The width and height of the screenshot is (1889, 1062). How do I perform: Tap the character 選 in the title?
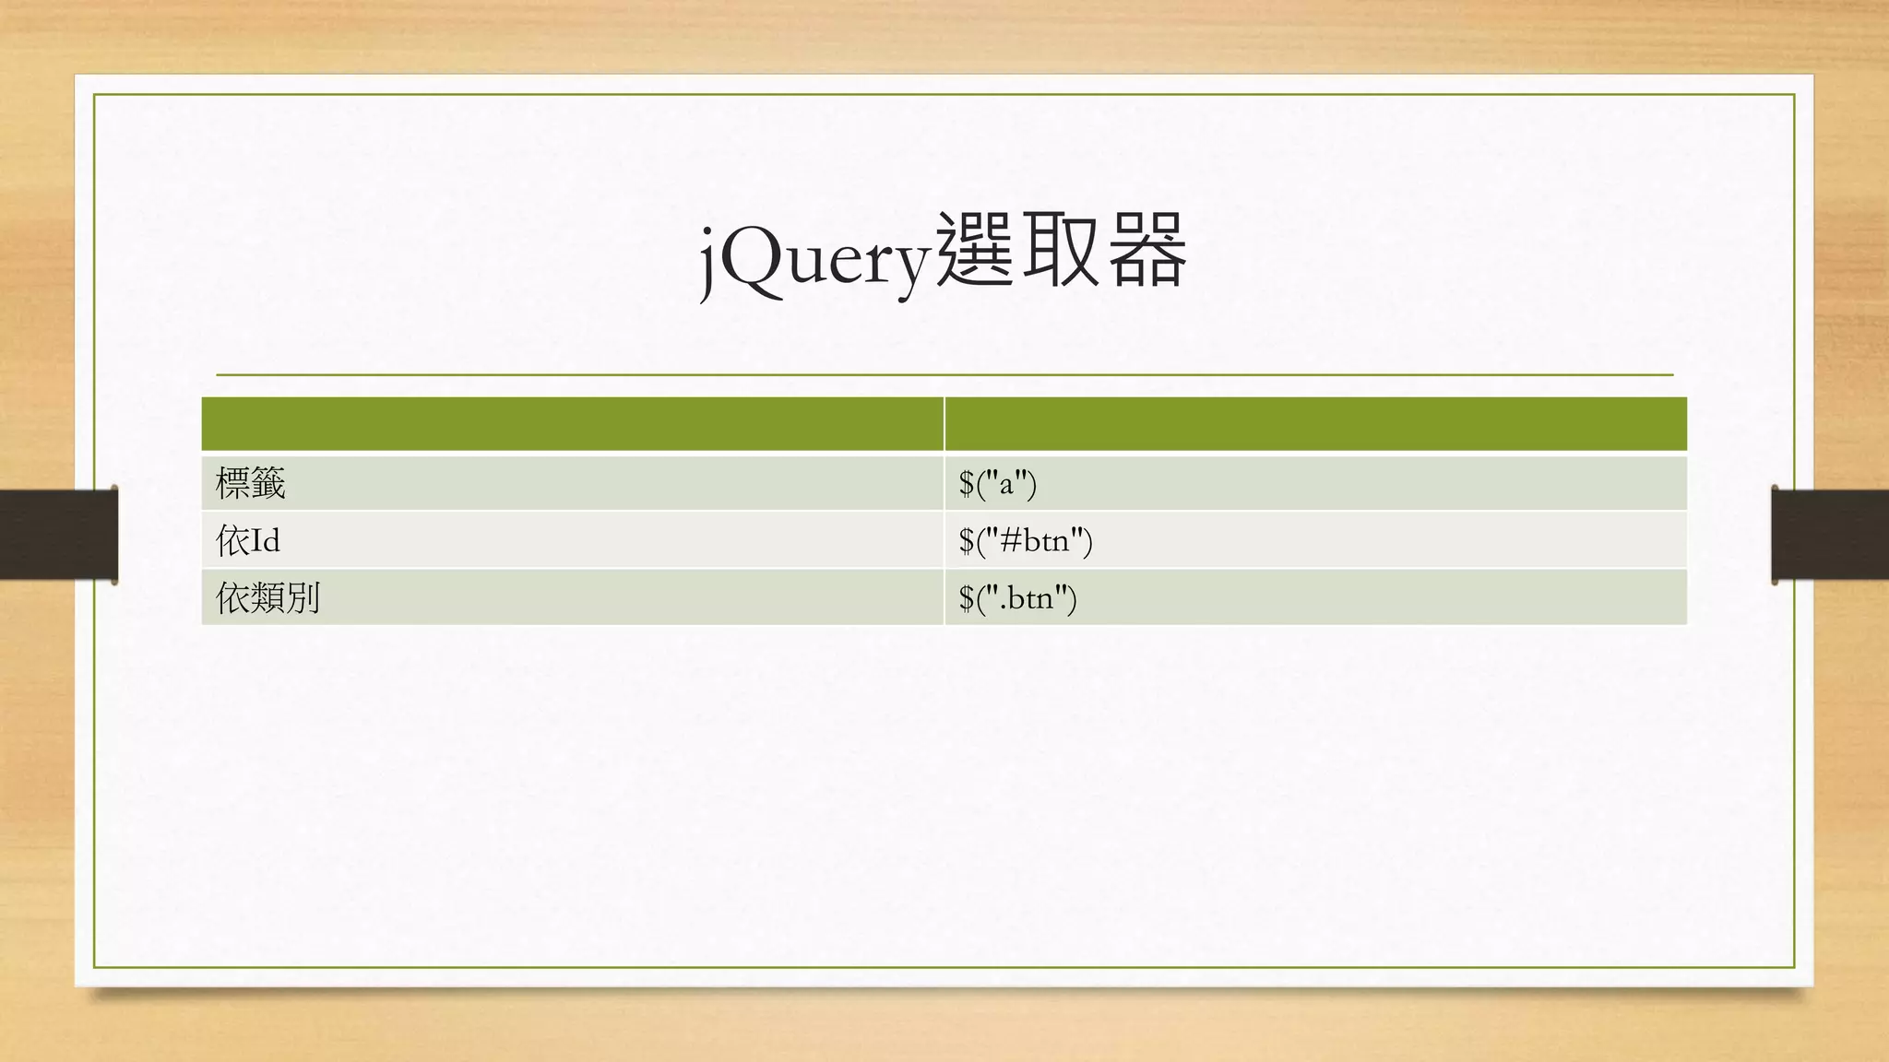coord(974,251)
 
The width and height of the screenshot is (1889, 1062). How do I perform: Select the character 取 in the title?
coord(1061,251)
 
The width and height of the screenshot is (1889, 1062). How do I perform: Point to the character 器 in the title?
coord(1146,251)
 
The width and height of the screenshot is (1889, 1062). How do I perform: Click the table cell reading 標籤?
coord(251,483)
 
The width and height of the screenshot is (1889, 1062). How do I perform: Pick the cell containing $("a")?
coord(998,483)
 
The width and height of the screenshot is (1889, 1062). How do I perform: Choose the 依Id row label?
coord(248,540)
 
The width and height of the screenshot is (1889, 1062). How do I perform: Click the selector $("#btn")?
coord(1026,540)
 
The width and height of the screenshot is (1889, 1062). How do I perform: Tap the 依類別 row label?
coord(267,597)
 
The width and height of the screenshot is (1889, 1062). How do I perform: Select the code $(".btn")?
coord(1017,597)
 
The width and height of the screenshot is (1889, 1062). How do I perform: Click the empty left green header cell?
coord(572,424)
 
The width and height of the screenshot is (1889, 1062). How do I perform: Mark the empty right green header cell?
coord(1315,424)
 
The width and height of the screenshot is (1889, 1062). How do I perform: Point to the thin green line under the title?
coord(944,375)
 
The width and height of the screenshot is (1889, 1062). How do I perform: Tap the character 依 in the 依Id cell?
coord(232,540)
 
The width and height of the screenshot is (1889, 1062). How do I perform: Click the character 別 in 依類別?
coord(303,597)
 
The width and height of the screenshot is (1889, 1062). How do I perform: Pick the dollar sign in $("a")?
coord(967,483)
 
